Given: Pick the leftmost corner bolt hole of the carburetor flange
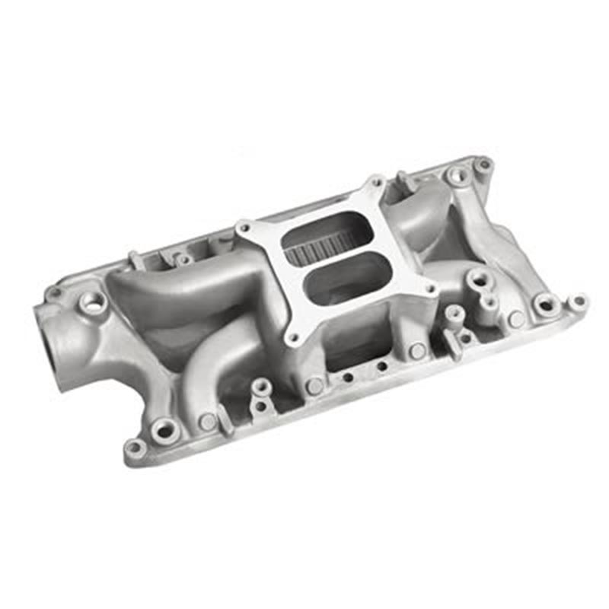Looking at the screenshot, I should click(x=244, y=226).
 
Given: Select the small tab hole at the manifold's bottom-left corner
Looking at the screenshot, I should click(x=134, y=448).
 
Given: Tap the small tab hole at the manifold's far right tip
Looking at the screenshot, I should click(x=579, y=301).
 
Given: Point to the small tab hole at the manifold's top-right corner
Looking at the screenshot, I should click(x=483, y=163).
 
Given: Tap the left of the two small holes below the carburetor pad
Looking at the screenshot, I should click(x=347, y=376).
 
